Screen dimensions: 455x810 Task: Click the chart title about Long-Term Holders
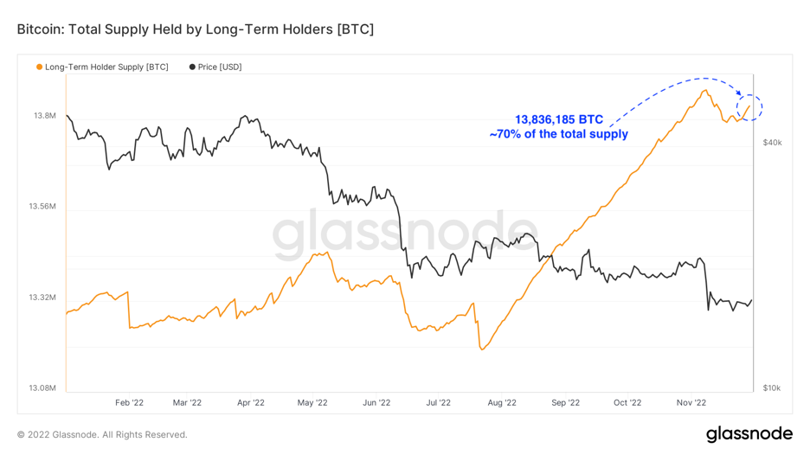[x=196, y=29]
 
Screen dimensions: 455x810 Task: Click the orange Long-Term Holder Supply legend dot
[x=39, y=67]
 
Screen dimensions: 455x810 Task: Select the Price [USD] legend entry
[x=215, y=67]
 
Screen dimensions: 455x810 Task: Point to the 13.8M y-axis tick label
[x=43, y=115]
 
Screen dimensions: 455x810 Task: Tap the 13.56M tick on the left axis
[x=41, y=207]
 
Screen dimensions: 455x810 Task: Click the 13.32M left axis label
[x=41, y=298]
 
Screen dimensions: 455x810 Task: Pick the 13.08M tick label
[x=41, y=388]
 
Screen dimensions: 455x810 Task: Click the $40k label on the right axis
[x=772, y=143]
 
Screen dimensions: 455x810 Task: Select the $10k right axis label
[x=772, y=388]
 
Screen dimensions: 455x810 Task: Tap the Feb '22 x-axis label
[x=129, y=402]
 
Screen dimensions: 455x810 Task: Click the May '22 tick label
[x=312, y=402]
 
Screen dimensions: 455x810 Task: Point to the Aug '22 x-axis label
[x=502, y=402]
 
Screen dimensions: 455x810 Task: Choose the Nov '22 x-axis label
[x=691, y=402]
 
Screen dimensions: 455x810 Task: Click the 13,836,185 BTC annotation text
[x=559, y=119]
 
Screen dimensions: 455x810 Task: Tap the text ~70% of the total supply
[x=558, y=134]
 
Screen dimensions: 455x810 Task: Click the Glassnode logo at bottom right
[x=749, y=433]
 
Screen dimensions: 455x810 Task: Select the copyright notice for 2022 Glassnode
[x=102, y=434]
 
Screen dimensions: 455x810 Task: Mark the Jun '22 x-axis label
[x=376, y=402]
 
